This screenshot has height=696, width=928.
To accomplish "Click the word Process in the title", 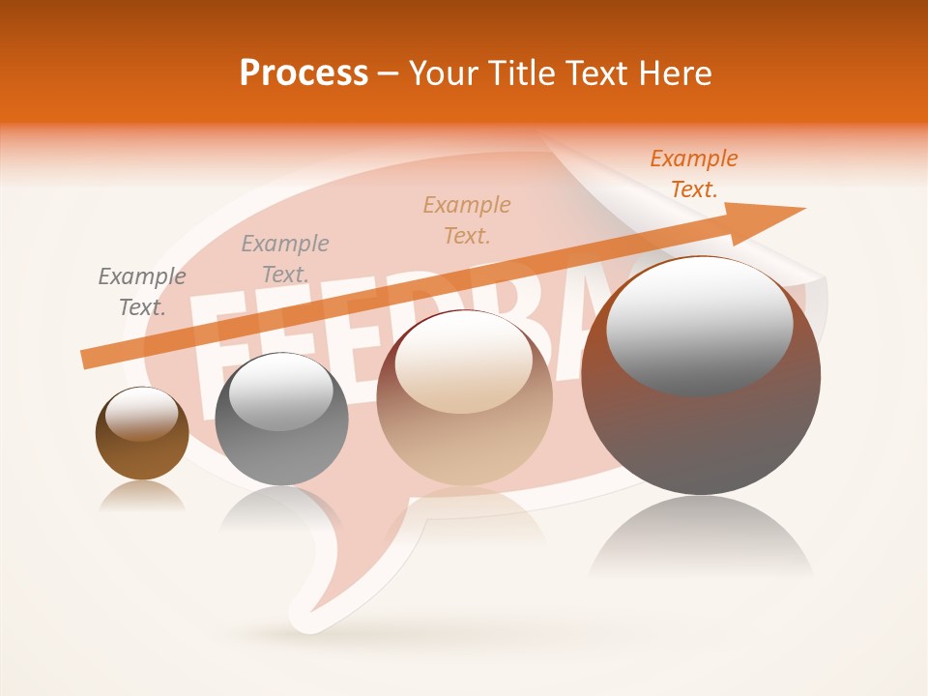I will click(304, 73).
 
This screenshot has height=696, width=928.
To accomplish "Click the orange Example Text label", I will click(693, 174).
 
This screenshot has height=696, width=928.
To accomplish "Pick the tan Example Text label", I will click(467, 219).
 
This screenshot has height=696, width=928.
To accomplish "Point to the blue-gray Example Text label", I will click(284, 259).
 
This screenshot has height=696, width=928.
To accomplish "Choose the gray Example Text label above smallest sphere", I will click(142, 292).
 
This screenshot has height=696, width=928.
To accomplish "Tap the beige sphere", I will click(464, 435).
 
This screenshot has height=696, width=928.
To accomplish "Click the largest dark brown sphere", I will click(701, 435).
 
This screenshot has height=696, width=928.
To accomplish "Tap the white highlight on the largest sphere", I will click(699, 324).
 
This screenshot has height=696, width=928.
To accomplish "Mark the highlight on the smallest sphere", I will click(141, 413).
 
